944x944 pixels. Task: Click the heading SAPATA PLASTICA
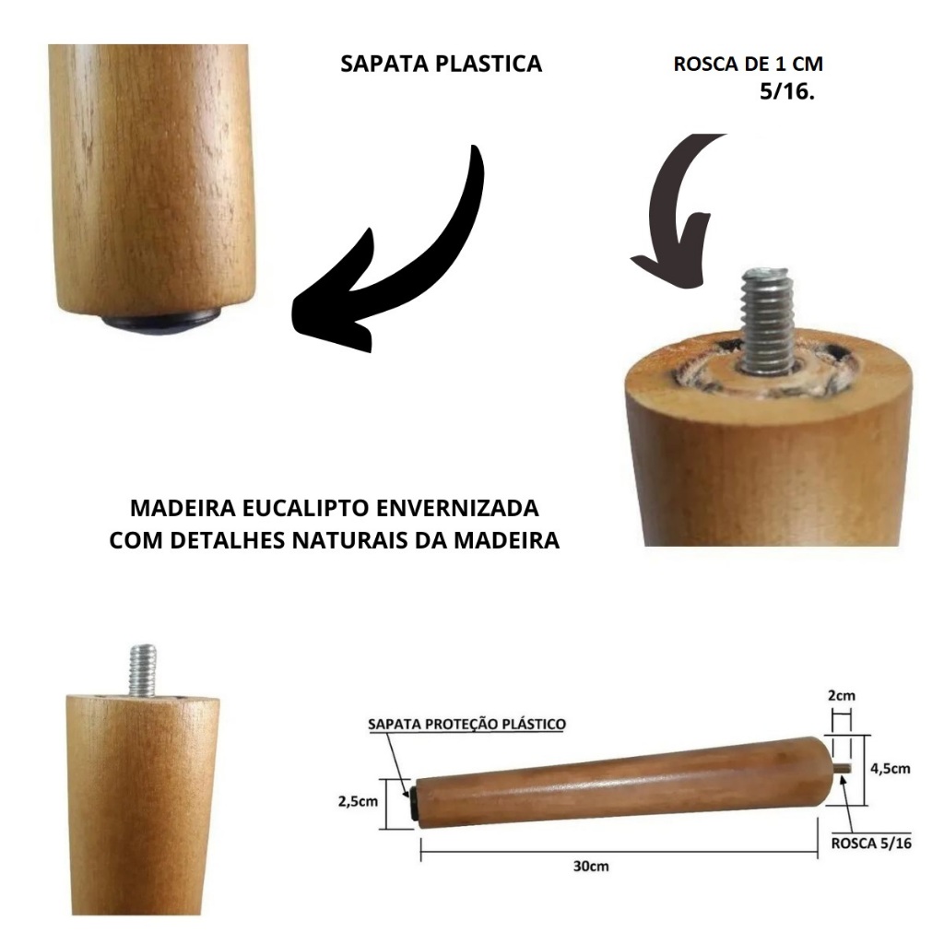(x=442, y=64)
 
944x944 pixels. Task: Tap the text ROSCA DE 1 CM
(x=749, y=64)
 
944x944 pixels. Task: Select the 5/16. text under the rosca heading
(x=787, y=91)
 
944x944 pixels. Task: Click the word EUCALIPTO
(x=306, y=508)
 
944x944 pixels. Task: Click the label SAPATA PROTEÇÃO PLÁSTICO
(x=466, y=724)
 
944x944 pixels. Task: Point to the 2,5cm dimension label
(x=358, y=801)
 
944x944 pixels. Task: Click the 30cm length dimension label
(x=591, y=867)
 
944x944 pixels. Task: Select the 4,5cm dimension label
(x=891, y=768)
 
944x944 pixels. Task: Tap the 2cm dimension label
(x=841, y=696)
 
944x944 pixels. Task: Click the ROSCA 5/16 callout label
(x=871, y=843)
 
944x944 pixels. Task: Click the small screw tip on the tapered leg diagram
(x=844, y=768)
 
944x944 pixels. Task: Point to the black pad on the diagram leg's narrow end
(x=414, y=804)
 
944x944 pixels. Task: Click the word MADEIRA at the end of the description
(x=506, y=540)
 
